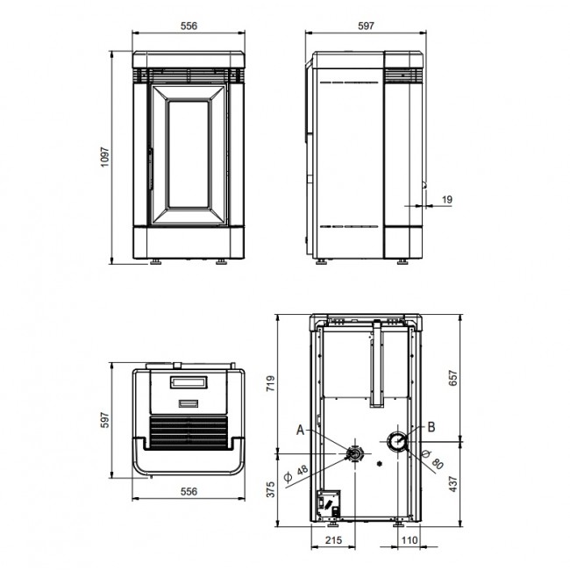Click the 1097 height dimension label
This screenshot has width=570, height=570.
(x=104, y=157)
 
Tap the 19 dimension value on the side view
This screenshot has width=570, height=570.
(x=446, y=199)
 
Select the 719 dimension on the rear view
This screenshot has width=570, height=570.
(x=271, y=383)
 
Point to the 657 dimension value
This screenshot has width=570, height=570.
(x=453, y=378)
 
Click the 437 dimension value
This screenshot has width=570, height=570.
(x=453, y=484)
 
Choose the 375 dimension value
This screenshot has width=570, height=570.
(x=271, y=489)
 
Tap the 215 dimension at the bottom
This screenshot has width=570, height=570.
(x=333, y=540)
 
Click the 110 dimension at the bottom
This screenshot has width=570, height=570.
(x=410, y=540)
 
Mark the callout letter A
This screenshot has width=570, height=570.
(x=300, y=430)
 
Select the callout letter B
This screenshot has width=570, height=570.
(x=431, y=427)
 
